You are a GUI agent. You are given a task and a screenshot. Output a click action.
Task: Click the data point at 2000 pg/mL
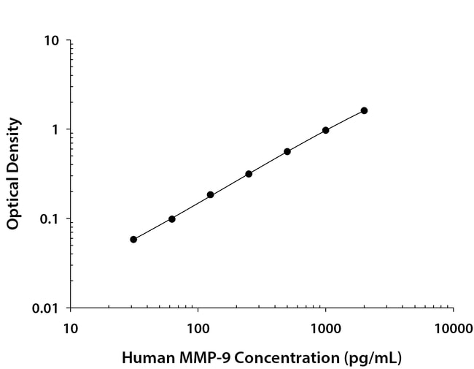pyautogui.click(x=364, y=110)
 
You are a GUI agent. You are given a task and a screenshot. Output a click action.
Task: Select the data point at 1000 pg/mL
pyautogui.click(x=325, y=130)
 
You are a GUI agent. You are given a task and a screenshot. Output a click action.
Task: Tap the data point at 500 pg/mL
pyautogui.click(x=287, y=151)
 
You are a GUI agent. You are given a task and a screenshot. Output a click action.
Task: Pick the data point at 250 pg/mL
pyautogui.click(x=249, y=174)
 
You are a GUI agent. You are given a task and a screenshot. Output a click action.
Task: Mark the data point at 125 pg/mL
pyautogui.click(x=210, y=195)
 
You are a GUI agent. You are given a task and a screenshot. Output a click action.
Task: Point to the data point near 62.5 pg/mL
pyautogui.click(x=172, y=218)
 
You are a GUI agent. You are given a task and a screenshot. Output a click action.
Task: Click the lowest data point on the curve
pyautogui.click(x=133, y=239)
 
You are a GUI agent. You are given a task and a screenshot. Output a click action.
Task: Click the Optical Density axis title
pyautogui.click(x=13, y=174)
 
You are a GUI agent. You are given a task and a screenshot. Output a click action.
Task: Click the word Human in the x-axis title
pyautogui.click(x=143, y=358)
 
